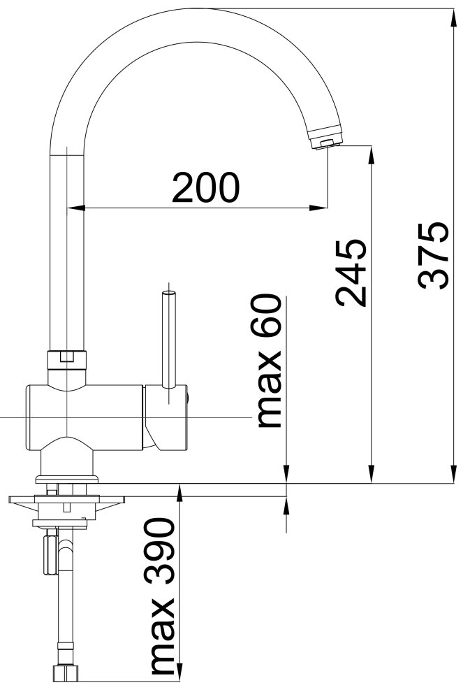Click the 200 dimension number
click(206, 187)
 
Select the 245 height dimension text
click(351, 273)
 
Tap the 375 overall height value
click(433, 255)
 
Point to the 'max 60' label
click(270, 361)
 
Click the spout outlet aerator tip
click(327, 141)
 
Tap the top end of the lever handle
click(169, 293)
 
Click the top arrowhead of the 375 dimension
click(453, 18)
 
